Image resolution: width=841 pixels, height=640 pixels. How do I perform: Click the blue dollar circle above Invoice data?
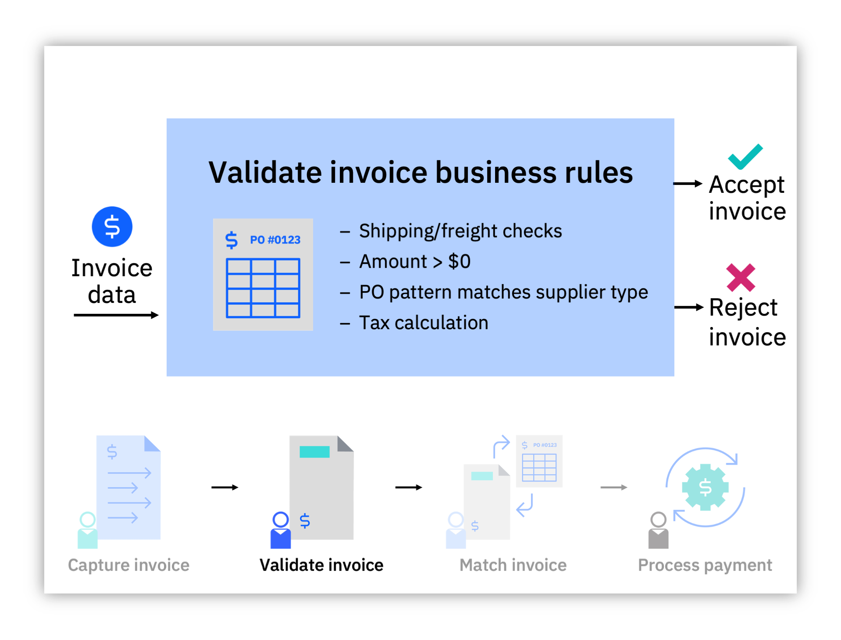[112, 227]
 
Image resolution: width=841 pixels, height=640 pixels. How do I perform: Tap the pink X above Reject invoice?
[740, 277]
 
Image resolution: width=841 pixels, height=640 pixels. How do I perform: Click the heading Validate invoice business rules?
[420, 172]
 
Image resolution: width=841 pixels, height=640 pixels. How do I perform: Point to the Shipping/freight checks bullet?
[460, 231]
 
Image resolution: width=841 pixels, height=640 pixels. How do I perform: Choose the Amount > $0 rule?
[414, 262]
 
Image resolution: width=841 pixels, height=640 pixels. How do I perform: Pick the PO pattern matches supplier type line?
[503, 292]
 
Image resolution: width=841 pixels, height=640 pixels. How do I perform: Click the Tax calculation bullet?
[423, 323]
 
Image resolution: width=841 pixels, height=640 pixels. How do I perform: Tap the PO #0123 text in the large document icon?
[275, 240]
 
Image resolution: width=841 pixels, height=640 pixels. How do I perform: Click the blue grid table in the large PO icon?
[263, 288]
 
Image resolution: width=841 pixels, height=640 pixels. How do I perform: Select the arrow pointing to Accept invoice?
[687, 184]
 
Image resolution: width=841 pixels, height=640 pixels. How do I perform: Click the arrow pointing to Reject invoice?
[688, 307]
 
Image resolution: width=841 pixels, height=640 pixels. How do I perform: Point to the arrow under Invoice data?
[116, 315]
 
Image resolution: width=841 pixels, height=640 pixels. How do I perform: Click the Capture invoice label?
[128, 565]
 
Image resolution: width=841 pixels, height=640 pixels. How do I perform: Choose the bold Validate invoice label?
[321, 565]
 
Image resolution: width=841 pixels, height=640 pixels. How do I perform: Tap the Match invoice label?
[513, 565]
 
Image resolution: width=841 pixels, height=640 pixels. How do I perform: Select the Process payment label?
[705, 565]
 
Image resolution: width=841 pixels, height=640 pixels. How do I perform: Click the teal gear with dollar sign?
[705, 487]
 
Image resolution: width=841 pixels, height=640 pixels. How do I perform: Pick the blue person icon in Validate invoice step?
[281, 530]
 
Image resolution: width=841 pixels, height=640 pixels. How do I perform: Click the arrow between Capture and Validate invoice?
[225, 487]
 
